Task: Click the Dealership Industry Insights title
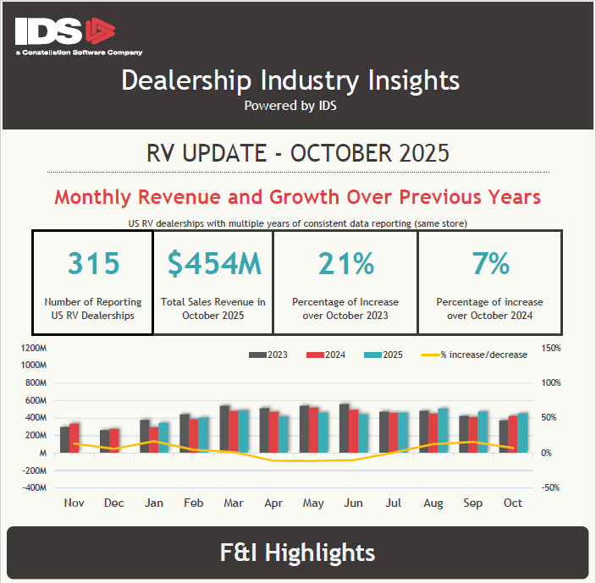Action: [290, 80]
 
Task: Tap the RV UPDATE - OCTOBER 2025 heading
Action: [297, 154]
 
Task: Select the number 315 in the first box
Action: [93, 264]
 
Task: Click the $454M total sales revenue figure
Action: [213, 264]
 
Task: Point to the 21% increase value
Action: [345, 264]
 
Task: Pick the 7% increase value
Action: [490, 264]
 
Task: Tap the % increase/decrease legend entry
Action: [474, 355]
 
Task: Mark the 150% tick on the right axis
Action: [549, 348]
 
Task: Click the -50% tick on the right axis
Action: [549, 488]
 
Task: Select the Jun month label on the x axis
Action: [353, 503]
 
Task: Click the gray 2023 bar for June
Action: [344, 428]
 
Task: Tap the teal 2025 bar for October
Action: [522, 432]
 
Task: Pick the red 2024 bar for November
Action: [74, 437]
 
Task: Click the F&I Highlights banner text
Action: [297, 553]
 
